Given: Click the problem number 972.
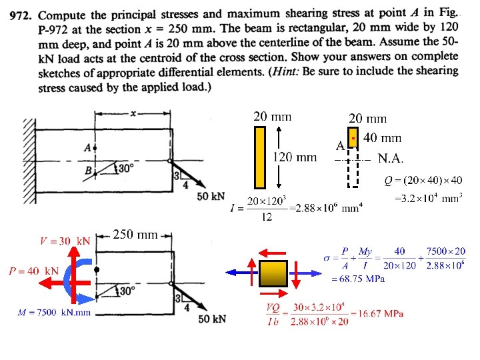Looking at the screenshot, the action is coord(21,15).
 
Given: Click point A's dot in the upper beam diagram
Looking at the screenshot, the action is coord(95,148).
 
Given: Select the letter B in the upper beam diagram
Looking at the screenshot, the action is coord(89,170).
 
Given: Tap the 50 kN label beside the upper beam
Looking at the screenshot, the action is coord(211,196).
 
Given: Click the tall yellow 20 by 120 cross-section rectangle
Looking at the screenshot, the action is coord(260,157).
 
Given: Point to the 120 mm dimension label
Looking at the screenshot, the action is coord(295,157).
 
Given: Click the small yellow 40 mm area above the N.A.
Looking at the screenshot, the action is coord(353,138).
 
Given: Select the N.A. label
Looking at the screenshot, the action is coord(391,159).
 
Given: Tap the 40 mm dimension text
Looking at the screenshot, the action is coord(382,138).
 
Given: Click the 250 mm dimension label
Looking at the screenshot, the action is coord(135,235).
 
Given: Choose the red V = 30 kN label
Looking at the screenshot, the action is coord(65,241).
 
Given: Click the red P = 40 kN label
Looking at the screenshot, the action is coord(34,271).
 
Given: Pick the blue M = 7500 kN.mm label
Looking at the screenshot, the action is coord(54,313).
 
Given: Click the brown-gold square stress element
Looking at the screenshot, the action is coord(273,273).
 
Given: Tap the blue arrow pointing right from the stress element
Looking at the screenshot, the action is coord(305,273).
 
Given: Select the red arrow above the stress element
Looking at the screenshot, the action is coord(272,253).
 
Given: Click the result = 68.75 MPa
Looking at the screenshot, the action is coord(358,279).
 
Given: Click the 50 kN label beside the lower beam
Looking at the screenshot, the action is coord(212,319).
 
